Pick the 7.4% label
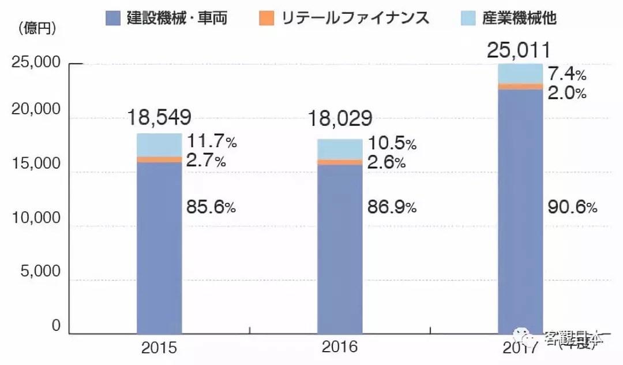click(x=566, y=74)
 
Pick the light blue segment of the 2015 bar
click(x=159, y=145)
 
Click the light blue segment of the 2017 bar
click(x=520, y=73)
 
